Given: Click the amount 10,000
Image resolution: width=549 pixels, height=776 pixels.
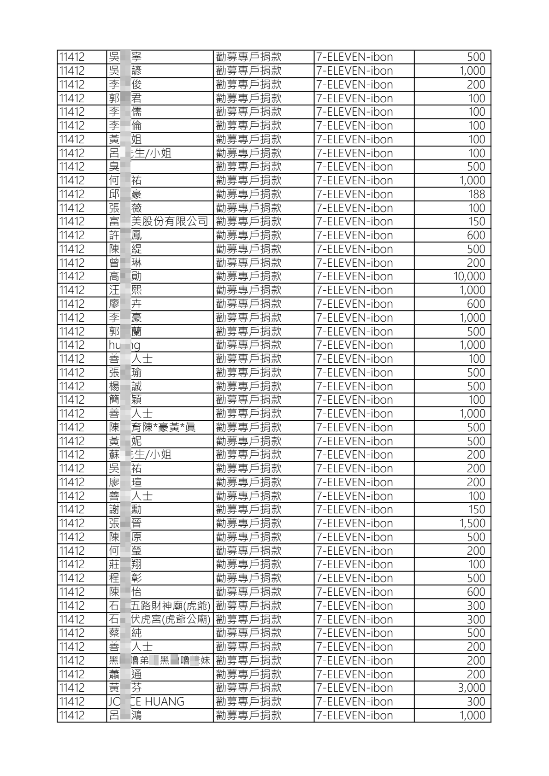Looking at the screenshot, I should pyautogui.click(x=469, y=276).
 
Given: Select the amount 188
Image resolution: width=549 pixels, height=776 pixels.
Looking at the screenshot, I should pyautogui.click(x=477, y=194).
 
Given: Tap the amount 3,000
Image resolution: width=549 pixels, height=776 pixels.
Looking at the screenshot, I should pyautogui.click(x=472, y=688).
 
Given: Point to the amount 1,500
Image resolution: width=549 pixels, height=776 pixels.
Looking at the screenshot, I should pyautogui.click(x=472, y=523).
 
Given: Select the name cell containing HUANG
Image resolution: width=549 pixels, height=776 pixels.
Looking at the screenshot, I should pyautogui.click(x=147, y=702).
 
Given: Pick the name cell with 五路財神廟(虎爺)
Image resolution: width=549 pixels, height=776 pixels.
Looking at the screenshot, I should pyautogui.click(x=159, y=606).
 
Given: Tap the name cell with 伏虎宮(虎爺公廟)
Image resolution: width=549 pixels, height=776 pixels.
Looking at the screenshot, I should pyautogui.click(x=159, y=619).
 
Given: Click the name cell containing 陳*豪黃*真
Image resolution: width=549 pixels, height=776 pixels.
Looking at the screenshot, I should pyautogui.click(x=153, y=428).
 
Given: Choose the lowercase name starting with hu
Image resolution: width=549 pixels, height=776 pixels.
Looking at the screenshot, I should pyautogui.click(x=124, y=345).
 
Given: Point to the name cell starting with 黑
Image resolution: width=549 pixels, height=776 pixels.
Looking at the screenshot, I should pyautogui.click(x=159, y=660).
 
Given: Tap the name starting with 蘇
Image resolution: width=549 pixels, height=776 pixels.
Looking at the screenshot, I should pyautogui.click(x=140, y=455).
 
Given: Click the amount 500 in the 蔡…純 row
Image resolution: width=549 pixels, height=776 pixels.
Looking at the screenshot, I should pyautogui.click(x=476, y=633).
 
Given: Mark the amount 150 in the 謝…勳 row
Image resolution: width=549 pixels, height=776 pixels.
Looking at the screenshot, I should pyautogui.click(x=477, y=510).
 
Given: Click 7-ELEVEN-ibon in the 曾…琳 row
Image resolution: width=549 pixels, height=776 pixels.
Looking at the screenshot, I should pyautogui.click(x=354, y=263).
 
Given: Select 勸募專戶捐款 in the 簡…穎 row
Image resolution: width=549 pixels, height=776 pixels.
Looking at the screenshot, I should pyautogui.click(x=248, y=400).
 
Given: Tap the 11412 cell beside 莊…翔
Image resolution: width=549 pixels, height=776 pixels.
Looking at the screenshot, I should pyautogui.click(x=72, y=564).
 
